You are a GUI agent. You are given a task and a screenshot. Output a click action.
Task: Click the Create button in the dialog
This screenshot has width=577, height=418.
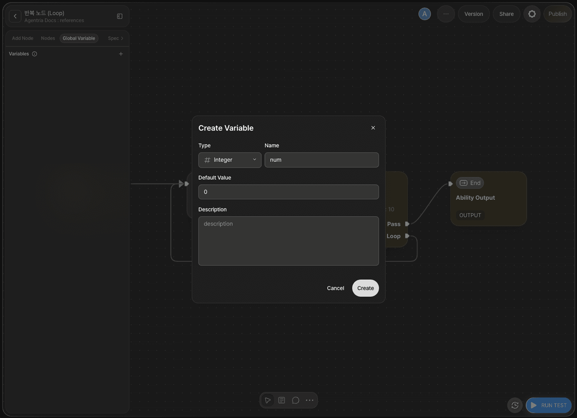click(x=365, y=288)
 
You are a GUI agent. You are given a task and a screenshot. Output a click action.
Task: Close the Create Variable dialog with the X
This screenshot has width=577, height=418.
click(x=373, y=127)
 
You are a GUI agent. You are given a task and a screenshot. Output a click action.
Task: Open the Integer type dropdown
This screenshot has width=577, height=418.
click(x=230, y=160)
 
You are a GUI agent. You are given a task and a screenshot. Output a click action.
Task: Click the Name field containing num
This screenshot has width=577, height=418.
click(x=322, y=160)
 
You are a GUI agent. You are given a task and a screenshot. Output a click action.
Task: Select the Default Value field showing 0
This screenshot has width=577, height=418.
click(x=289, y=192)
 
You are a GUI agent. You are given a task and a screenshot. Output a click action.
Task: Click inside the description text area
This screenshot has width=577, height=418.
click(x=289, y=241)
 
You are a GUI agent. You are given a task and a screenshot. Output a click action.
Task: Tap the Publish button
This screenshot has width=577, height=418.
click(x=557, y=14)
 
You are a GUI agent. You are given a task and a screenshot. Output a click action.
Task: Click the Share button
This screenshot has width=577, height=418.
click(x=506, y=14)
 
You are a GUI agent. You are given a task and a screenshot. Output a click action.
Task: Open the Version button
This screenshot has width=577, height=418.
click(x=474, y=14)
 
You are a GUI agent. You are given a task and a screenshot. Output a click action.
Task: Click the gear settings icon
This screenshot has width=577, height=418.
click(x=532, y=14)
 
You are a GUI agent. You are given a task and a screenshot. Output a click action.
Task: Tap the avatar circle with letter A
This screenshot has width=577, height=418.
click(x=425, y=14)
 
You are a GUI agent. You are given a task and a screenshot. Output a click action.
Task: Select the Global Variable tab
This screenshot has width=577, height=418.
click(x=79, y=38)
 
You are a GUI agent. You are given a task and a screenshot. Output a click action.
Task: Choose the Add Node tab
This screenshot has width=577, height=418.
click(x=23, y=38)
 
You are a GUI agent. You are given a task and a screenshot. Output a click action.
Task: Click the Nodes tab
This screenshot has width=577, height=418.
click(x=48, y=38)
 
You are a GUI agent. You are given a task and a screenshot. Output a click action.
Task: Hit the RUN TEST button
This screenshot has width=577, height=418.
click(x=549, y=405)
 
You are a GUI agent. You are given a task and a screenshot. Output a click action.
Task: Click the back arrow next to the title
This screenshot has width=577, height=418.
click(x=15, y=16)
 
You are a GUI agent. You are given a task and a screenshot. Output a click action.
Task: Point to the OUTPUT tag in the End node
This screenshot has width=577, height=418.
click(x=470, y=215)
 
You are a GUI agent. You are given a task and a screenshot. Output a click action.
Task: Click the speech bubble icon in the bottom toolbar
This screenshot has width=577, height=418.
click(x=296, y=400)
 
